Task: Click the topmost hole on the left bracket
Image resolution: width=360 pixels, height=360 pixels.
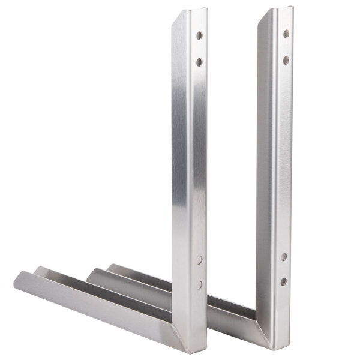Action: [x=199, y=35]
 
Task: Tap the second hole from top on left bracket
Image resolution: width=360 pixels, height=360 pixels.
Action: [x=199, y=61]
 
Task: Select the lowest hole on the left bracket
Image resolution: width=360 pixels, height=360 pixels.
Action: [x=200, y=284]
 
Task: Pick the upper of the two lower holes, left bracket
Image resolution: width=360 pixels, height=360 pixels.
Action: [x=200, y=260]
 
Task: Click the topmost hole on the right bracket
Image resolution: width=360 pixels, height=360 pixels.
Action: [x=286, y=34]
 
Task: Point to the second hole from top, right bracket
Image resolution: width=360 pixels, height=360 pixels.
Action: [x=286, y=60]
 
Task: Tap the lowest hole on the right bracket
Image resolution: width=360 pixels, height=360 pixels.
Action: [x=283, y=281]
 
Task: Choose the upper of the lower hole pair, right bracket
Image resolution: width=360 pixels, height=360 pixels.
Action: [x=284, y=257]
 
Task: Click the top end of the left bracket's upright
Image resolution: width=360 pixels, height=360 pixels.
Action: [x=190, y=12]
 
